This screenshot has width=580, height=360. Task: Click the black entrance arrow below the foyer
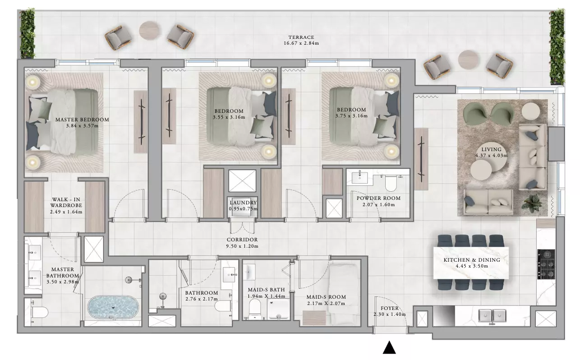click(x=389, y=347)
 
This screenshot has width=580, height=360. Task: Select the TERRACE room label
click(x=301, y=37)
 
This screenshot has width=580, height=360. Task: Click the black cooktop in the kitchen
click(x=546, y=264)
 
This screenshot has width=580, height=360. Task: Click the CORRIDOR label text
click(x=242, y=240)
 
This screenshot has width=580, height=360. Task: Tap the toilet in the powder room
click(x=391, y=183)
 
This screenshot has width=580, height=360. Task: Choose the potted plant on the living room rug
click(x=532, y=203)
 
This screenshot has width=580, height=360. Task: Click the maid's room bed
click(x=344, y=294)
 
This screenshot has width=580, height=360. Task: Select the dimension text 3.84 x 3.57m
click(x=82, y=126)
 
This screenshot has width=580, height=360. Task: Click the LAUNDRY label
click(x=243, y=203)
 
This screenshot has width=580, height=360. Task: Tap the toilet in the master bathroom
click(x=39, y=312)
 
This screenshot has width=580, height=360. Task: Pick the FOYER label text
click(x=389, y=308)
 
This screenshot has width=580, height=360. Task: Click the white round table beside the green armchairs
click(x=530, y=111)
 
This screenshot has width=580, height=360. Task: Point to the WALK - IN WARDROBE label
click(x=66, y=202)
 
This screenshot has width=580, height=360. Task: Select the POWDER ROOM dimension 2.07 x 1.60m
click(x=378, y=205)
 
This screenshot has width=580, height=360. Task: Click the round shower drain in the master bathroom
click(x=129, y=280)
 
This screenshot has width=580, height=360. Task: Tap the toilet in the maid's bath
click(x=254, y=308)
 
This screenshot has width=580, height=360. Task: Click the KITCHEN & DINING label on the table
click(x=472, y=260)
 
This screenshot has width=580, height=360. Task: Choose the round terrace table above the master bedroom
click(x=149, y=31)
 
